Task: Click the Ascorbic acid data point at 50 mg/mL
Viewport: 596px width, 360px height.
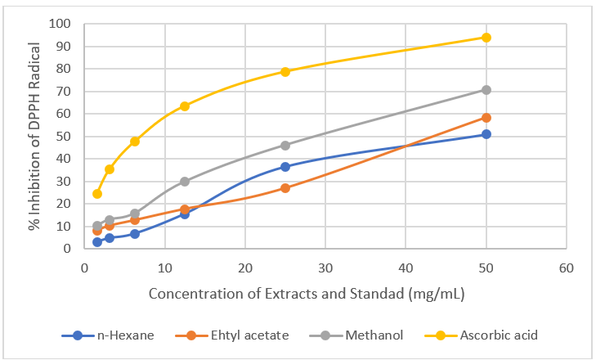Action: coord(486,38)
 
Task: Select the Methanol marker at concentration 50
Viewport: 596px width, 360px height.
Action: coord(486,90)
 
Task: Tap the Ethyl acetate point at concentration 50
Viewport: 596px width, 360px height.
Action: coord(486,118)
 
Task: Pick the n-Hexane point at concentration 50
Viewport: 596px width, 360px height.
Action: coord(486,134)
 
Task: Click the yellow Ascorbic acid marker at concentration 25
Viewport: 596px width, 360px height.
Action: coord(285,72)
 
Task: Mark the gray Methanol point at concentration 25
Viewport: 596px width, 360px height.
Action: coord(285,146)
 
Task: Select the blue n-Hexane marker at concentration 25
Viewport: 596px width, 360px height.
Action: coord(285,167)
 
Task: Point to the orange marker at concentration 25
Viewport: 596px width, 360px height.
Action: coord(285,188)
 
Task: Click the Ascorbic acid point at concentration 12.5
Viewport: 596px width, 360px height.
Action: coord(185,106)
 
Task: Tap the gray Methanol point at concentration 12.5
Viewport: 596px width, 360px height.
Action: coord(185,182)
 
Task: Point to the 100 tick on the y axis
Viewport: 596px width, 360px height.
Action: coord(60,23)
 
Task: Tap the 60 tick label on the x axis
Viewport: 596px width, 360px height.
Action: coord(566,268)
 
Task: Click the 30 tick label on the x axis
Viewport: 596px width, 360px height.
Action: coord(325,268)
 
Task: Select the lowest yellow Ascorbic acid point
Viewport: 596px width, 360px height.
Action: coord(97,194)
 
